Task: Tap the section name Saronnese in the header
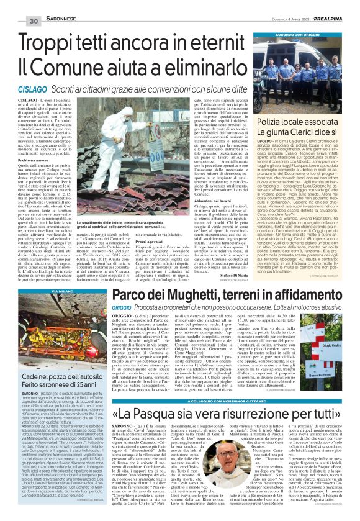48,5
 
